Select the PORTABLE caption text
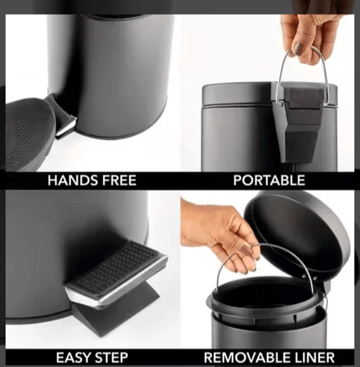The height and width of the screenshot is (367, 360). click(x=269, y=180)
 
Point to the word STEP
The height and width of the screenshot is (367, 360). click(x=111, y=358)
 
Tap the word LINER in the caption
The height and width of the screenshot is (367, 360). click(x=311, y=358)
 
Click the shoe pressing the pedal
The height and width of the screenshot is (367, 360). click(x=29, y=133)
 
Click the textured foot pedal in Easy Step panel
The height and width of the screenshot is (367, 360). click(x=116, y=274)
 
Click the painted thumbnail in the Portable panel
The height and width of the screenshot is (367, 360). click(x=299, y=48)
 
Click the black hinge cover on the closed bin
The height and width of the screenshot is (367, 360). click(x=301, y=121)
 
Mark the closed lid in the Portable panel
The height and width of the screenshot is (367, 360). click(x=269, y=95)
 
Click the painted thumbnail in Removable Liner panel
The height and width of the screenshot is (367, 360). click(x=246, y=250)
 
